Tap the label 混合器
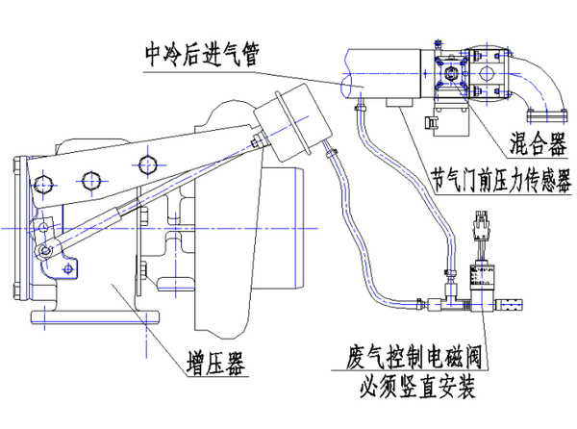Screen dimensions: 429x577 coord(534,145)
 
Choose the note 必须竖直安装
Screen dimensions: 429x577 coord(416,388)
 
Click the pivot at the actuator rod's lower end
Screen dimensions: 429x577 coord(44,252)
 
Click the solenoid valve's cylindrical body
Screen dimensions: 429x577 coord(477,281)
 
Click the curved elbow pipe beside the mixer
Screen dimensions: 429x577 coord(538,91)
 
